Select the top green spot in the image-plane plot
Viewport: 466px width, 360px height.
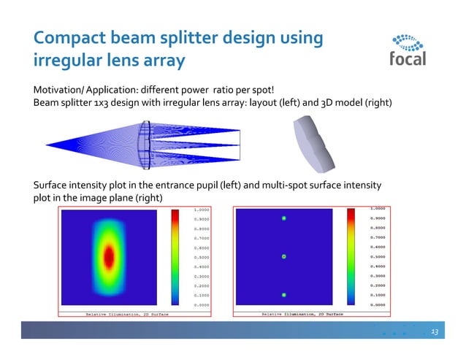284,218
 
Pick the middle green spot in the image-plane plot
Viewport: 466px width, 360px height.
284,256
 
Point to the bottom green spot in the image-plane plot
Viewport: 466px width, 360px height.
284,295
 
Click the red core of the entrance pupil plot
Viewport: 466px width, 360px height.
109,256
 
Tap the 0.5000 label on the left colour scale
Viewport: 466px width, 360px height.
203,257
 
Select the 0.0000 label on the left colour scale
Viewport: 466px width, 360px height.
203,305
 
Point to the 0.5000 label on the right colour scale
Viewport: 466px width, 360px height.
378,256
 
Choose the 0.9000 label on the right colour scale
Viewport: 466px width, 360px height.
378,218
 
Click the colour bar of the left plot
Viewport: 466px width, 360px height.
175,257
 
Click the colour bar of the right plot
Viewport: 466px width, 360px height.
352,256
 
